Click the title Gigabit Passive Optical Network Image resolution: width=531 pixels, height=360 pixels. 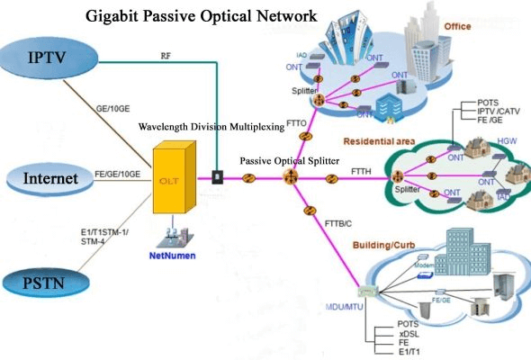tap(201, 16)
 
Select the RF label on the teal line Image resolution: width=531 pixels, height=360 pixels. tap(166, 55)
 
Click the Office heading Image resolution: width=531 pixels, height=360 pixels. tap(457, 27)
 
